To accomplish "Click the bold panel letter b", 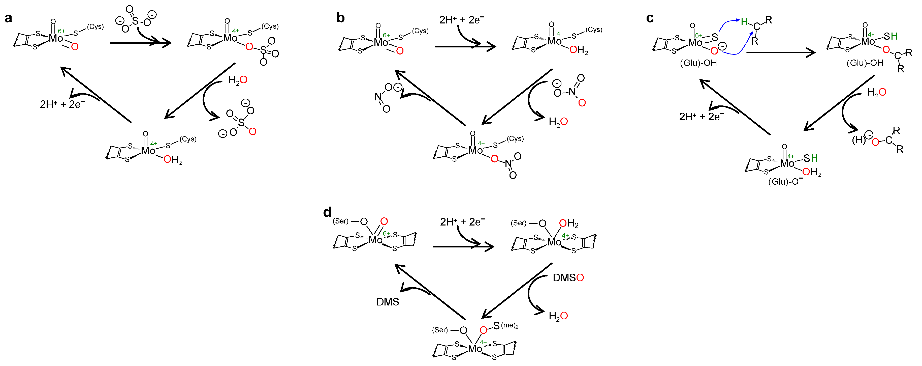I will click(340, 18).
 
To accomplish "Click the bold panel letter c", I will click(650, 18).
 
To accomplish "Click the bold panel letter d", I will click(327, 212).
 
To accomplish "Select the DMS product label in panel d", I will click(388, 302).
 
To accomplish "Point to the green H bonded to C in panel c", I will click(744, 21).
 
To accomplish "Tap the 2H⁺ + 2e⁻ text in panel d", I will click(462, 222).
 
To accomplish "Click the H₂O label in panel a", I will click(238, 80).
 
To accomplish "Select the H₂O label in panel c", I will click(877, 92).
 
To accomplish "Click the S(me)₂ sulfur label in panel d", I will click(496, 326).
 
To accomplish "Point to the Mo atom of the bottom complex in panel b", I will click(475, 150).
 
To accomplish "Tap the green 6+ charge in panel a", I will click(61, 31).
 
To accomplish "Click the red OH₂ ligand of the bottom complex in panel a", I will click(173, 160).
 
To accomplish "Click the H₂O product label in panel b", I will click(558, 122).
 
